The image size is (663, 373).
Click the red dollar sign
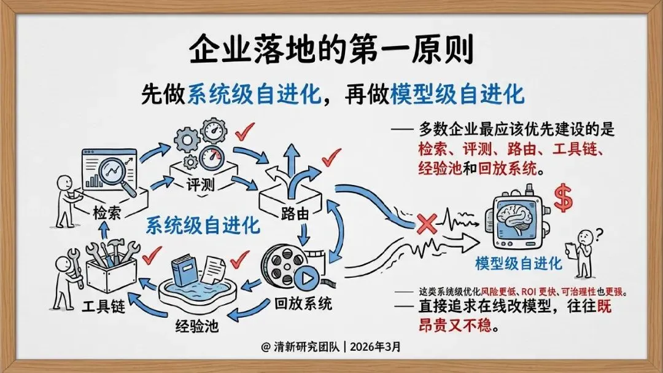(x=563, y=198)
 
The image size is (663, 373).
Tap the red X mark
(x=427, y=224)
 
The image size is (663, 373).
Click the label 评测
(x=200, y=184)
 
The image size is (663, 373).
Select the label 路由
(x=295, y=214)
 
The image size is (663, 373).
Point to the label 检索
(x=107, y=212)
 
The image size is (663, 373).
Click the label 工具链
(x=104, y=305)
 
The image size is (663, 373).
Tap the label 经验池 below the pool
(x=197, y=326)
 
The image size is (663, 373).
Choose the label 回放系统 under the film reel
(x=303, y=303)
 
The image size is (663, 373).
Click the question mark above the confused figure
(x=599, y=234)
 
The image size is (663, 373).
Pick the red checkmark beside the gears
(x=245, y=132)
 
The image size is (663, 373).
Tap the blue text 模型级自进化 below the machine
(x=518, y=264)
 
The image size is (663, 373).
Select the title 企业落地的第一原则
(x=331, y=50)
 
